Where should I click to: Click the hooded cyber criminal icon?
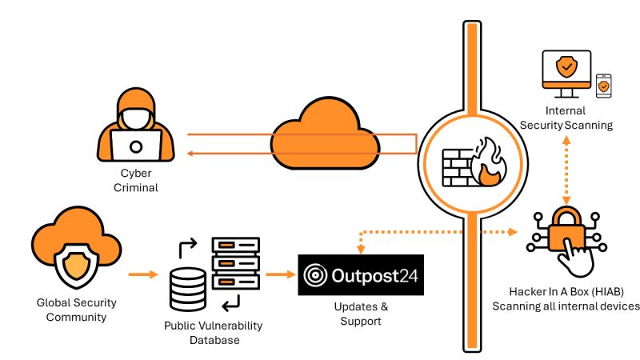click(x=135, y=128)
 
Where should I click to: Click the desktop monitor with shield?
click(x=566, y=73)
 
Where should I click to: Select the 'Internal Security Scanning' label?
click(x=566, y=118)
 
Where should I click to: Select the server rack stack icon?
click(x=235, y=263)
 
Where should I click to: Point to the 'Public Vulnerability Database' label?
click(x=213, y=333)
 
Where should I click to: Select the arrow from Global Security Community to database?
click(x=145, y=274)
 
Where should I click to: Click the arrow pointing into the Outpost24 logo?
click(x=280, y=274)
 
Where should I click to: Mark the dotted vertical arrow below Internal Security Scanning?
click(x=566, y=169)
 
